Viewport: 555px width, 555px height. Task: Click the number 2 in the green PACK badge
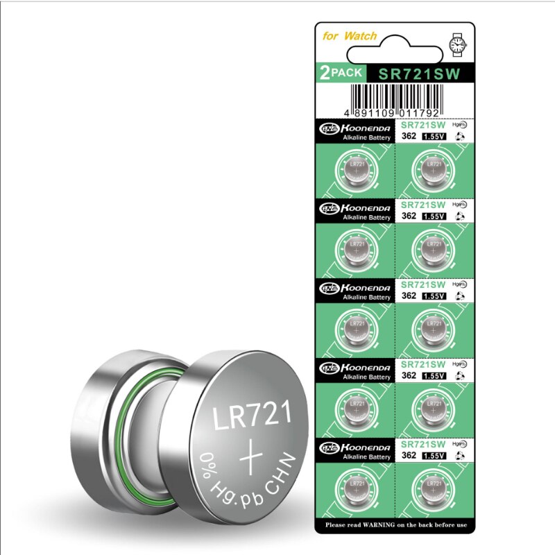tap(325, 73)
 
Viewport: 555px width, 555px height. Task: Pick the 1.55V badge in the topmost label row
tap(433, 137)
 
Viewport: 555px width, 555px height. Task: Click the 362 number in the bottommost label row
tap(409, 455)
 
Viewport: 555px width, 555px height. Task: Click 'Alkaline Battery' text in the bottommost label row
tap(366, 456)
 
